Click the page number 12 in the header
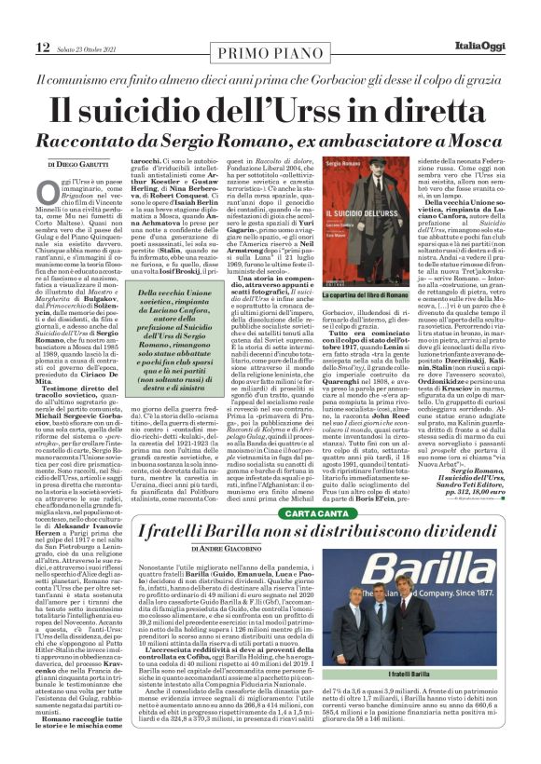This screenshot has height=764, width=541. [43, 20]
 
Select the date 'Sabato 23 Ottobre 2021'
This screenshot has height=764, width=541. [90, 21]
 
